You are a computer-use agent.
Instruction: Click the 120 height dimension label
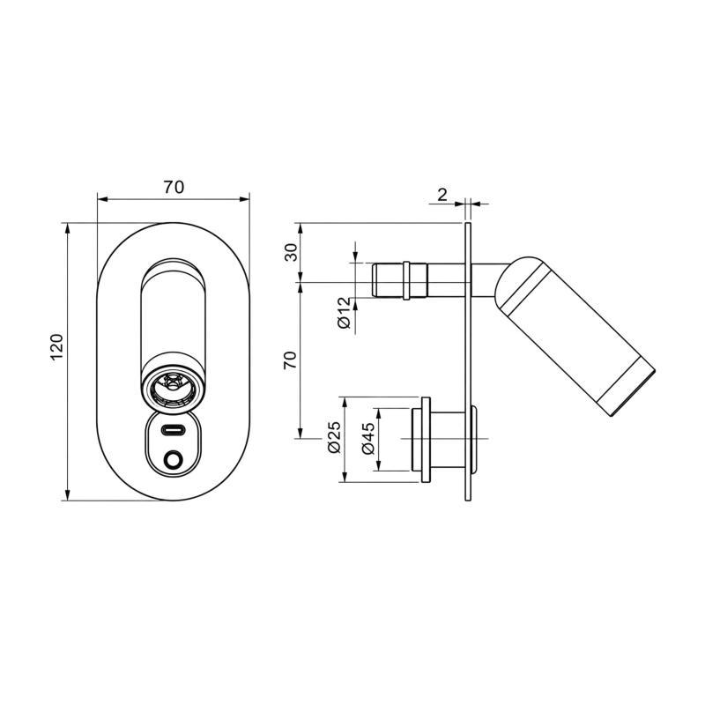pyautogui.click(x=57, y=346)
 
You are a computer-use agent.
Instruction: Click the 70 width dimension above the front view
pyautogui.click(x=174, y=187)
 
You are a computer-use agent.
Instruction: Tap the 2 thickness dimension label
pyautogui.click(x=442, y=195)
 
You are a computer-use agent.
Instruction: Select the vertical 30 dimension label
pyautogui.click(x=292, y=252)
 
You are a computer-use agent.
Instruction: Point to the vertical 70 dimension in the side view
pyautogui.click(x=291, y=360)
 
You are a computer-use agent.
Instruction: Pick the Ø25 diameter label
pyautogui.click(x=334, y=437)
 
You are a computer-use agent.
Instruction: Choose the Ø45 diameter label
pyautogui.click(x=367, y=438)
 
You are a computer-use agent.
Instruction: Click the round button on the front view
pyautogui.click(x=173, y=460)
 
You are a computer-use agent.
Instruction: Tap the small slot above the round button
pyautogui.click(x=173, y=430)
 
